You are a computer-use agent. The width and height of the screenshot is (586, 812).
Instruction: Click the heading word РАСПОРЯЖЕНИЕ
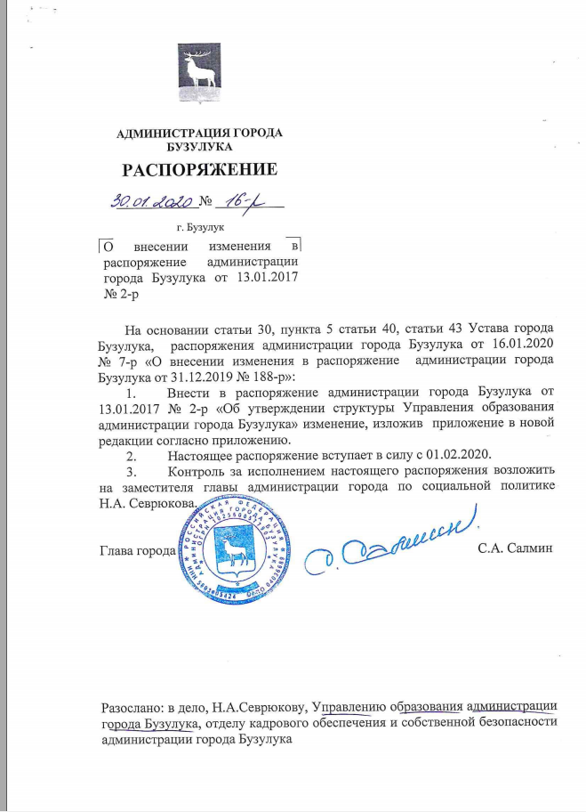point(199,169)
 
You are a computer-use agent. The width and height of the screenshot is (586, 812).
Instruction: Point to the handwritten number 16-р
point(240,204)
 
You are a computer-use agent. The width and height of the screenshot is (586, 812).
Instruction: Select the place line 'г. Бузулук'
point(199,229)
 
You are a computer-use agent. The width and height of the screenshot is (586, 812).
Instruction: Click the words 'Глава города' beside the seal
point(137,550)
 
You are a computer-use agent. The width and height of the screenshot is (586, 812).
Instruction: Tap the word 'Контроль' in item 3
point(196,471)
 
